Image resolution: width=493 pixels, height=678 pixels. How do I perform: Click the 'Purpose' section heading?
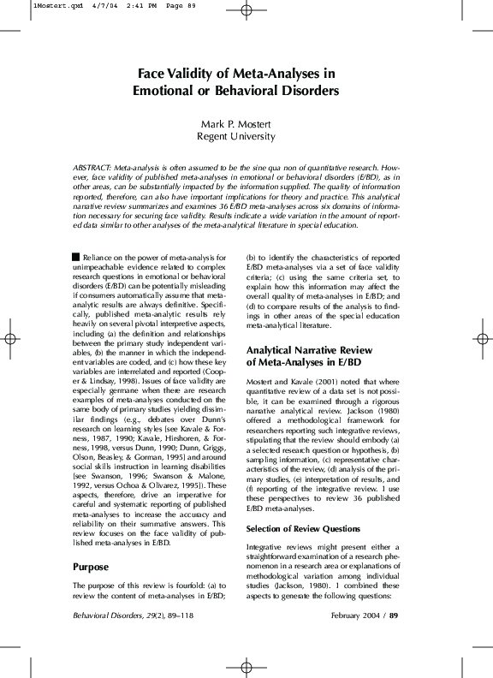coord(92,567)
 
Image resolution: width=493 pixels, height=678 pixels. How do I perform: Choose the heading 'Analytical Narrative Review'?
coord(309,350)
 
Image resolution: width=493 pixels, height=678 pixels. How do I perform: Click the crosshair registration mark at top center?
coord(246,10)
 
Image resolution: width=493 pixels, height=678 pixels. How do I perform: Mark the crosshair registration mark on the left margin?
coord(10,339)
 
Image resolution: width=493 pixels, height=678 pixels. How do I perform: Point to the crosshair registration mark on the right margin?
coord(483,339)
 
